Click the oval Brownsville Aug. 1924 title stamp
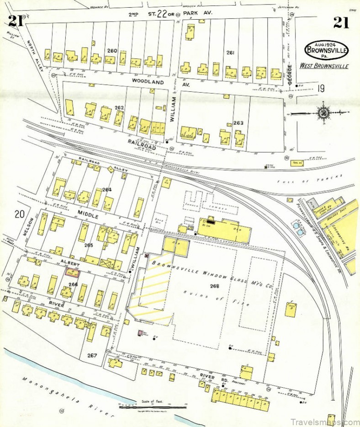(x=326, y=50)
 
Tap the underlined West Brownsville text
(x=324, y=66)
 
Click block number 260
(x=111, y=50)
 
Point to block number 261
(x=230, y=53)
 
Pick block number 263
(x=238, y=123)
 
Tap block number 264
(x=107, y=189)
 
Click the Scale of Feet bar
(x=153, y=405)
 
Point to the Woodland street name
(x=148, y=82)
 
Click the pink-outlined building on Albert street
(x=72, y=272)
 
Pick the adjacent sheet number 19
(x=321, y=88)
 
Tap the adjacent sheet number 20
(x=19, y=213)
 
